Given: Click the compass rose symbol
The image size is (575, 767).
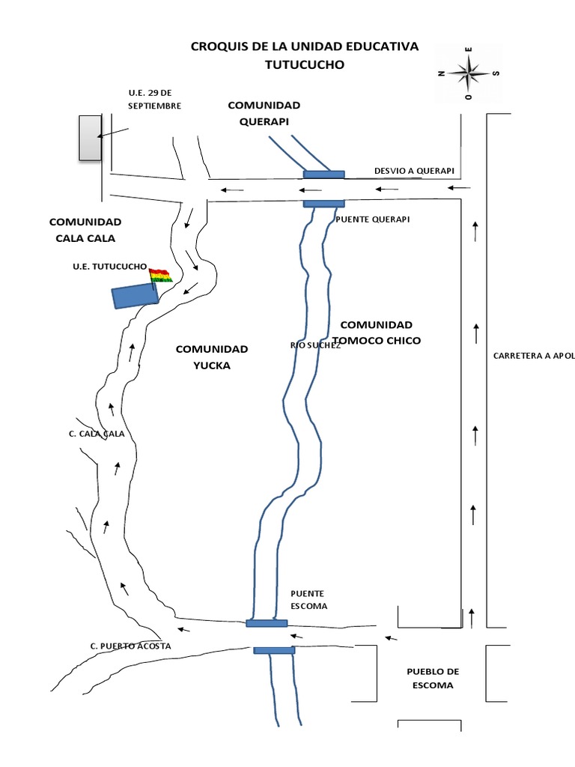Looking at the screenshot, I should point(469,73).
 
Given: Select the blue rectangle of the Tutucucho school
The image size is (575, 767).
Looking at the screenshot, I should point(135,297).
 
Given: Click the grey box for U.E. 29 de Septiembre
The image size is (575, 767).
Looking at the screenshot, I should point(91,137).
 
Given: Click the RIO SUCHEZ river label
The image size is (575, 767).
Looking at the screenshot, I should point(315,345).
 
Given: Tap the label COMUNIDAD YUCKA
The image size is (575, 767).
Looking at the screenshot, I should point(212,357).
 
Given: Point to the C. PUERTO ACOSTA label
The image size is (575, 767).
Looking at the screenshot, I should point(130,646).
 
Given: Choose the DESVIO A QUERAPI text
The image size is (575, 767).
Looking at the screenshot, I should point(414,171).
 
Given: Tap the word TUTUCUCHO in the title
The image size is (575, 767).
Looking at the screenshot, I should point(304,65).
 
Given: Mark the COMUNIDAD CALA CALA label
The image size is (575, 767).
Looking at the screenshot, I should point(85,230).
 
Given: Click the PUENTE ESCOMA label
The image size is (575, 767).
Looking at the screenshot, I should point(309,600).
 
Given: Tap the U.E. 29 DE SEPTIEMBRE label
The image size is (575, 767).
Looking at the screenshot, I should point(155,99).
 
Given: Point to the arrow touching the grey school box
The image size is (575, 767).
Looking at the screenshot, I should point(113,132).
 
